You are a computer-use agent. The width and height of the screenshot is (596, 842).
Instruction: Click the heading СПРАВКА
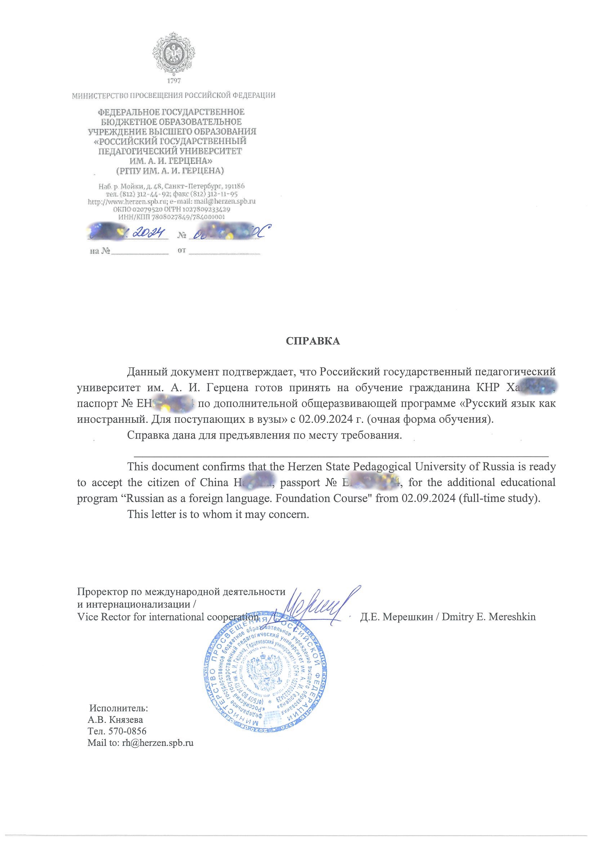313,341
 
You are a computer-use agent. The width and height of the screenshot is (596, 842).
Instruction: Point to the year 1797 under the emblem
174,80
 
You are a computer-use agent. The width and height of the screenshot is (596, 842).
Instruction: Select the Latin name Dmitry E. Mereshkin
489,617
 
